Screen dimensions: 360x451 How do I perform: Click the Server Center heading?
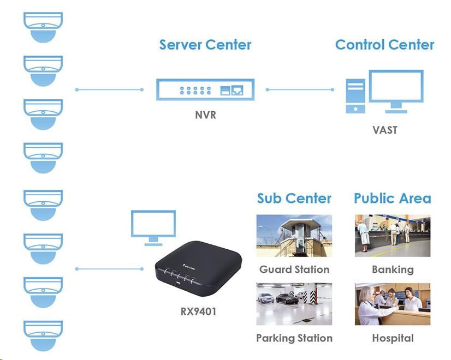pos(205,45)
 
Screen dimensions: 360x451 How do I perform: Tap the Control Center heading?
pos(384,45)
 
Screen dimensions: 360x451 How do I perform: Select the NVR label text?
pos(205,115)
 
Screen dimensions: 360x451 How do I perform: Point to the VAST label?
pos(385,130)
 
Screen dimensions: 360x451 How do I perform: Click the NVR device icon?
pos(204,89)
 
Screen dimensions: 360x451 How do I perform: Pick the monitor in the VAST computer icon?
pos(396,87)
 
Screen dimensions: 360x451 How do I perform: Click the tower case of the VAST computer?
pos(355,96)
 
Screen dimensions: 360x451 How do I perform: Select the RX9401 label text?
pos(198,312)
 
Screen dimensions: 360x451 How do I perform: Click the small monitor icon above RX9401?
pos(153,225)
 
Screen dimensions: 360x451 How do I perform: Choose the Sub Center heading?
pos(294,199)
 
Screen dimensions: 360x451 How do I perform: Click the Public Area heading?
pos(392,199)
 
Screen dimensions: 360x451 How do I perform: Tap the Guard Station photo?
pos(294,235)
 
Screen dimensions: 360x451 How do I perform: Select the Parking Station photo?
pos(294,304)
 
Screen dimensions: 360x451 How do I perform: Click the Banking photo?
pos(392,235)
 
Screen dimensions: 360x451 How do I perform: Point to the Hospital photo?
pos(392,304)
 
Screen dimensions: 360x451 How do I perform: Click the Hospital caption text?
pos(393,338)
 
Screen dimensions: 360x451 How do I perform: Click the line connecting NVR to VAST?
pos(300,89)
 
